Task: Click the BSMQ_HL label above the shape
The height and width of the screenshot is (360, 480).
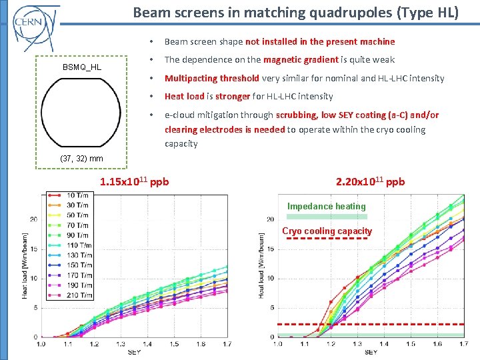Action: tap(82, 67)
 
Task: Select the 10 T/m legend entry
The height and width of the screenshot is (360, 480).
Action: tap(77, 195)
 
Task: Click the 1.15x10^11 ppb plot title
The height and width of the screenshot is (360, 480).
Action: tap(134, 181)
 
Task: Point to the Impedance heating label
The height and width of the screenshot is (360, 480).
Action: tap(327, 206)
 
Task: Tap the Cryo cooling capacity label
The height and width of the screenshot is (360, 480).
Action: tap(327, 231)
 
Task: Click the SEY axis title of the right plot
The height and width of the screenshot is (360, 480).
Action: tap(371, 351)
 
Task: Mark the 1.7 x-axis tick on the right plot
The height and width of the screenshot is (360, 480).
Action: tap(463, 344)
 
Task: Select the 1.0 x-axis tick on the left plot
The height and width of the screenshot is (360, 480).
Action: tap(41, 344)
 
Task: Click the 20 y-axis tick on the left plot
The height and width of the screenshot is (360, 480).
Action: tap(33, 219)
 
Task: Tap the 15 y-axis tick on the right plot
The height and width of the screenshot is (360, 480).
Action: tap(270, 249)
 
